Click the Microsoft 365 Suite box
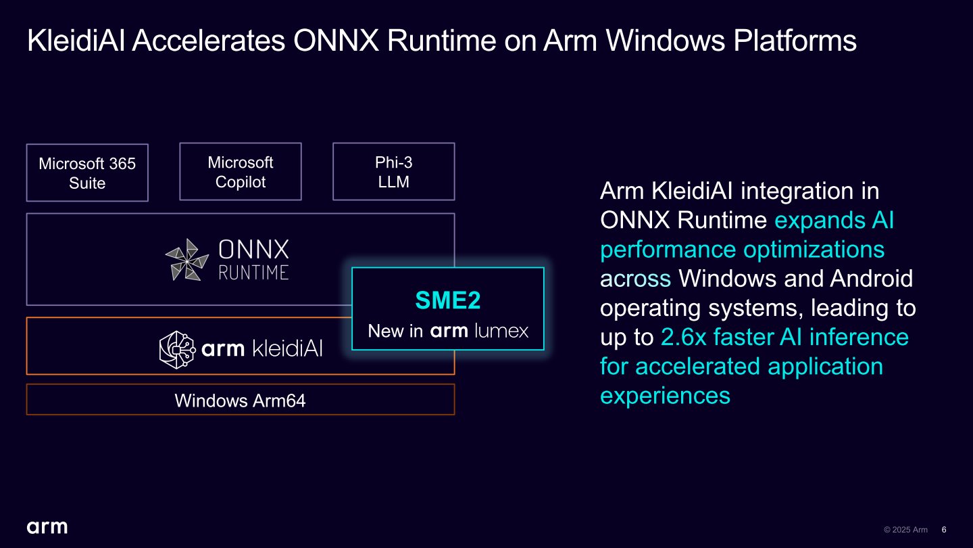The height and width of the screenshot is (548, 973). [87, 173]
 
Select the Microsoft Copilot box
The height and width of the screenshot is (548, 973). [240, 172]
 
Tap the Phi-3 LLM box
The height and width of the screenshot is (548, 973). [393, 172]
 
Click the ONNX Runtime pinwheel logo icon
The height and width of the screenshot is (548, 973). [187, 260]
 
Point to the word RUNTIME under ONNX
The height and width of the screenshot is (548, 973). [253, 273]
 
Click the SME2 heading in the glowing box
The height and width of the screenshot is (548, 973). [447, 300]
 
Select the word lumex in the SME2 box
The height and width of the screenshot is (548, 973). [501, 331]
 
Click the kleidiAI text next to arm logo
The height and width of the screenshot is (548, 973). [286, 349]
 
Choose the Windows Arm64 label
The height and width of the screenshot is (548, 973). [240, 401]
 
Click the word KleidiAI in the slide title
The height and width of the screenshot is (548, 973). [76, 41]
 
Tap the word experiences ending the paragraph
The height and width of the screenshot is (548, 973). [665, 395]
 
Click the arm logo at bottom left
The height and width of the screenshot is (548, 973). [47, 526]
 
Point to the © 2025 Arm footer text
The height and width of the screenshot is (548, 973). [905, 530]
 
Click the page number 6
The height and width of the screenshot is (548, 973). [944, 530]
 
